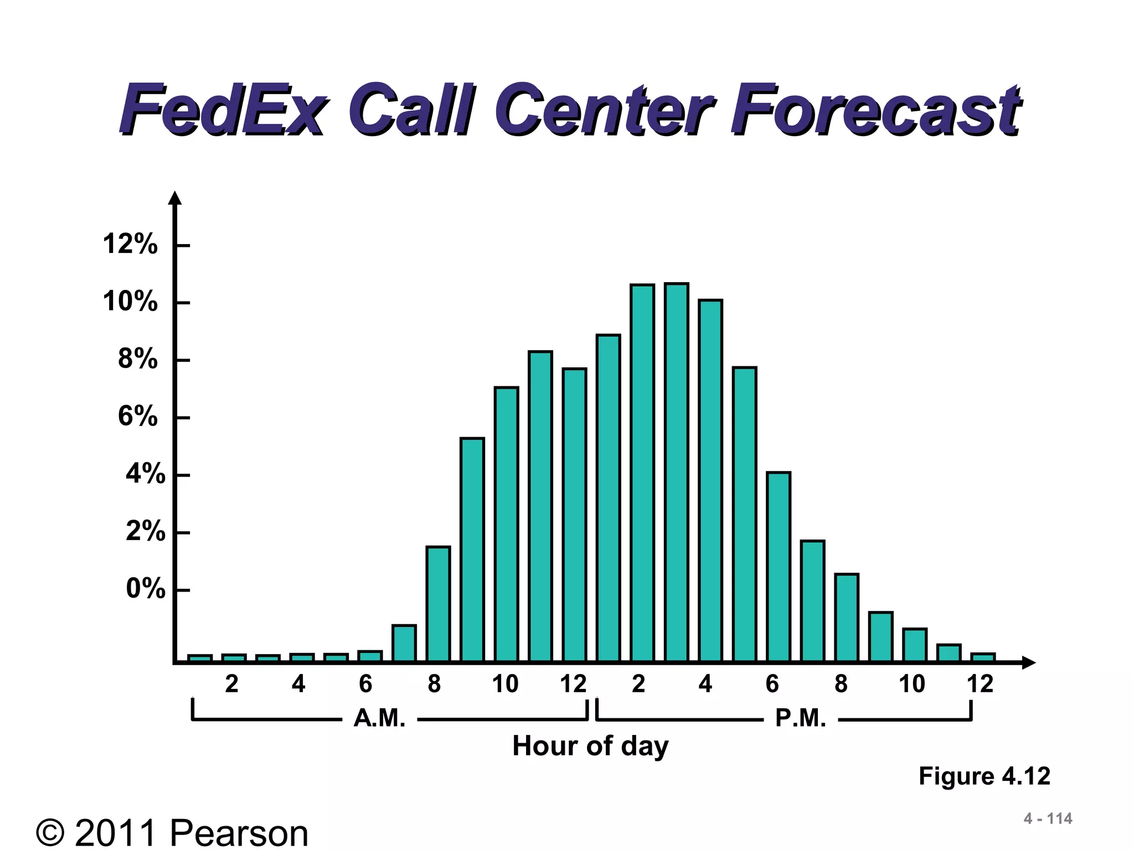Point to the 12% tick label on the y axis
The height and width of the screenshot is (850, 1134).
tap(130, 244)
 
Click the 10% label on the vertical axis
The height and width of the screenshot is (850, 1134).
tap(130, 302)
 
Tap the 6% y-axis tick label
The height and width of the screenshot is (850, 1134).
tap(138, 416)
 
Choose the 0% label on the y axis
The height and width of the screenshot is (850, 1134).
tap(146, 589)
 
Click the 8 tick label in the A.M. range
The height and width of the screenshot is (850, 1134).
tap(434, 685)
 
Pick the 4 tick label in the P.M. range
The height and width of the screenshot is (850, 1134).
tap(705, 685)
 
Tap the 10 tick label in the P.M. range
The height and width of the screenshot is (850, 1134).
tap(911, 685)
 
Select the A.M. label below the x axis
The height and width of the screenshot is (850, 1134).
tap(379, 719)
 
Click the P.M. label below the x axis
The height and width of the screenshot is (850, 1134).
tap(801, 719)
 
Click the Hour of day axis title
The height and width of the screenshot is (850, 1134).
tap(590, 746)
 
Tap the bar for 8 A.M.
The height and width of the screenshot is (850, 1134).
tap(438, 604)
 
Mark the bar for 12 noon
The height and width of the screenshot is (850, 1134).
tap(574, 515)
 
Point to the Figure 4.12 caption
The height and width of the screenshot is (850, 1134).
tap(984, 776)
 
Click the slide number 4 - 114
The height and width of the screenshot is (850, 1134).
tap(1048, 818)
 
